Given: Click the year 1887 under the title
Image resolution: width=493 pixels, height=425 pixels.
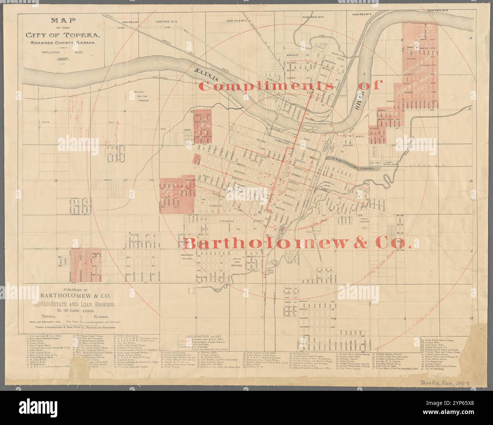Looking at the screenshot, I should [x=63, y=59].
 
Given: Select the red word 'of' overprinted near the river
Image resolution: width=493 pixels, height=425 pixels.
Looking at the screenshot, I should [x=368, y=86].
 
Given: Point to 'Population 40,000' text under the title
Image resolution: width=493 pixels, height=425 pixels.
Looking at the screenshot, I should [x=63, y=51].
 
